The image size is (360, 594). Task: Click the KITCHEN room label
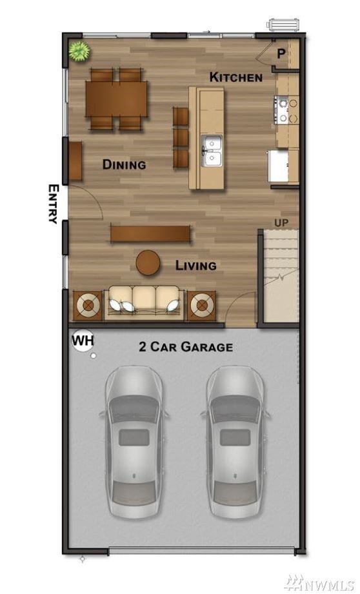pyautogui.click(x=235, y=77)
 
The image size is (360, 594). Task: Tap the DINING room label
pyautogui.click(x=124, y=164)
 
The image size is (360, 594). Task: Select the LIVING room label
pyautogui.click(x=196, y=265)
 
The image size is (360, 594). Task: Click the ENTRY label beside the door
pyautogui.click(x=54, y=204)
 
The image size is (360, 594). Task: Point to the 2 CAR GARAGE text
pyautogui.click(x=186, y=347)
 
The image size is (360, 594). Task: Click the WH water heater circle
pyautogui.click(x=82, y=340)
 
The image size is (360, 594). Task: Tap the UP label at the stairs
pyautogui.click(x=281, y=223)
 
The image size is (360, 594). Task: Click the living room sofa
pyautogui.click(x=143, y=301)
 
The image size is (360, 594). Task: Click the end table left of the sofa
pyautogui.click(x=88, y=304)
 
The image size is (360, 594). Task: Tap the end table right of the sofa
pyautogui.click(x=202, y=304)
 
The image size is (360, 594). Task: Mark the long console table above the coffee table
pyautogui.click(x=150, y=233)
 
